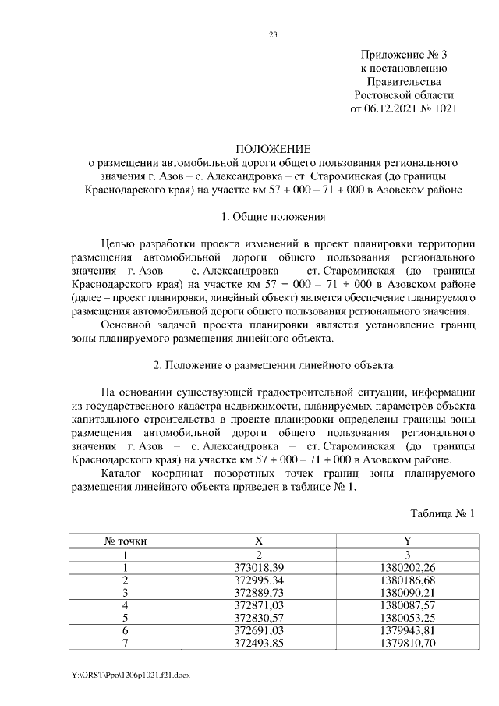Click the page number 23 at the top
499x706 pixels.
tap(273, 34)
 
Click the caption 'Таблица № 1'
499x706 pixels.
tap(442, 513)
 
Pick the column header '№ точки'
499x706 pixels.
tap(126, 540)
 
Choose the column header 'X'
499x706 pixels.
tap(260, 540)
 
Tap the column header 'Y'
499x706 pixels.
tap(407, 540)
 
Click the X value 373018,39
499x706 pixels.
tap(260, 566)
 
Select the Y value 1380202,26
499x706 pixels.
tap(407, 566)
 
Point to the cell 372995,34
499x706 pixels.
tap(260, 580)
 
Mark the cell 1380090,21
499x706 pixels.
tap(407, 592)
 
